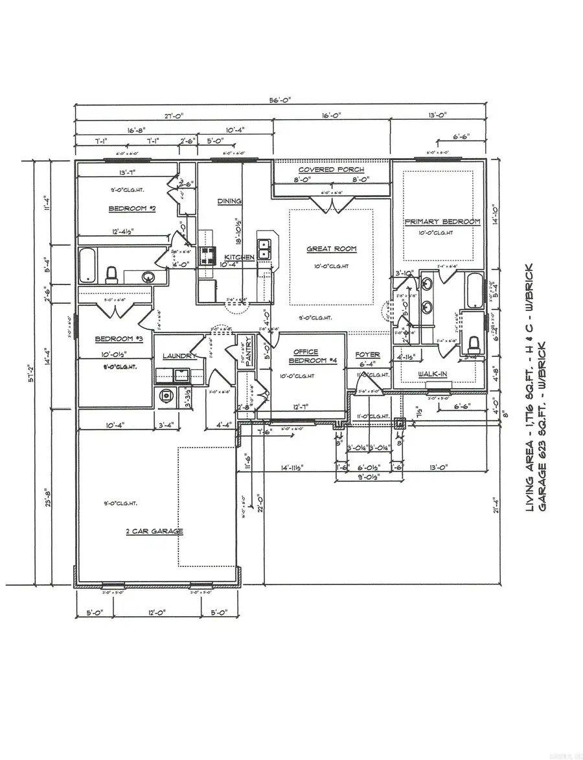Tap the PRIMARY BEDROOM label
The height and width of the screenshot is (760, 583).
[443, 222]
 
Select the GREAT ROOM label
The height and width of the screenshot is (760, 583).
[332, 249]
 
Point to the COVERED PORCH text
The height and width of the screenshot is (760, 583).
[331, 170]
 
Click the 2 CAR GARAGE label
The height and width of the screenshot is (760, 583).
[154, 531]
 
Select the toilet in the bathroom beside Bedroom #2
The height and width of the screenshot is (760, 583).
[111, 275]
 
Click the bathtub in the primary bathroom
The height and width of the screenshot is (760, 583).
[474, 290]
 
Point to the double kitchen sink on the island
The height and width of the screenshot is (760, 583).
[264, 248]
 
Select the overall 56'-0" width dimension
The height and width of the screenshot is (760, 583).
[281, 99]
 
